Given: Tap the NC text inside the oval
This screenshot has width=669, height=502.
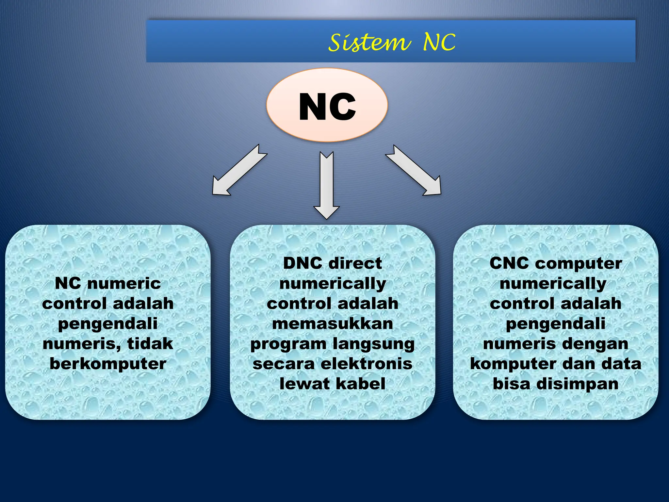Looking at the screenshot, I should coord(327,107).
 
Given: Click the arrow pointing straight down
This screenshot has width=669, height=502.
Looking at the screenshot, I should coord(327,185).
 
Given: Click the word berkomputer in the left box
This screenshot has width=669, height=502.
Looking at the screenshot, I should coord(108,364).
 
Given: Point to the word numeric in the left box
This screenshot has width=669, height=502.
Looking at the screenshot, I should coord(124,283).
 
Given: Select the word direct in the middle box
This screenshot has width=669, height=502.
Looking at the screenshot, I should coord(355,263).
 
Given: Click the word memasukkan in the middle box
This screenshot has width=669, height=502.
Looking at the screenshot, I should coord(333,324).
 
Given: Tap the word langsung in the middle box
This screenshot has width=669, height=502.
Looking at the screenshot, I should coord(374,344).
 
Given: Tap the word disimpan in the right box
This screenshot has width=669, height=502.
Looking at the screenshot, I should coord(578,384).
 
